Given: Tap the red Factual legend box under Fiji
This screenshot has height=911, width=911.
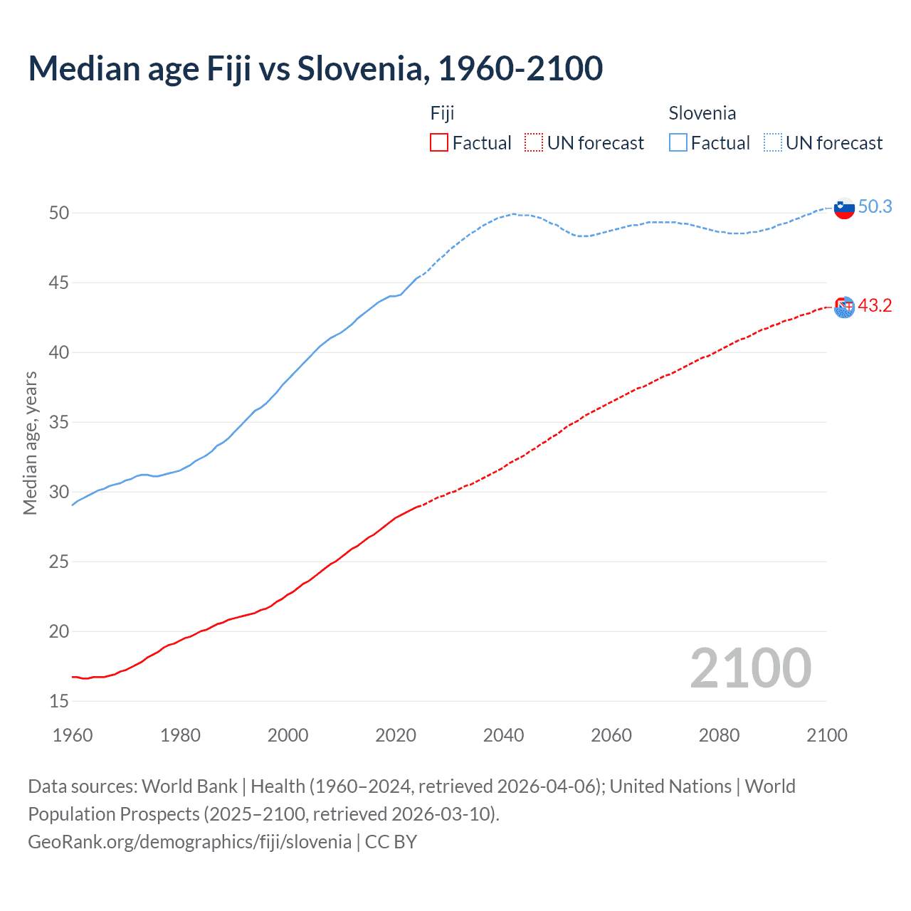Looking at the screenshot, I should pyautogui.click(x=439, y=143).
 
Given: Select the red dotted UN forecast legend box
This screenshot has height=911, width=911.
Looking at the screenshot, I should pyautogui.click(x=534, y=143).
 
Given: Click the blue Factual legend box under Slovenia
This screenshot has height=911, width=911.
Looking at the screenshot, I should pyautogui.click(x=678, y=143).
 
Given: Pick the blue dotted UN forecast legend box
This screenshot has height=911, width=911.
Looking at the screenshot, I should pyautogui.click(x=772, y=143).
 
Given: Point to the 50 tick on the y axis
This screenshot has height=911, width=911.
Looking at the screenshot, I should pyautogui.click(x=59, y=213).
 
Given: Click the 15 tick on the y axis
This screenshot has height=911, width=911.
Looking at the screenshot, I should pyautogui.click(x=59, y=701).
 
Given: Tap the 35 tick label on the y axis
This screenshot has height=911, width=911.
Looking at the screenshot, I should pyautogui.click(x=59, y=422).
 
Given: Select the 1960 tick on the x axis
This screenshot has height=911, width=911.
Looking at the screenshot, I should pyautogui.click(x=73, y=735).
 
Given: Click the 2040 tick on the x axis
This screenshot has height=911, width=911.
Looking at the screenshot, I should pyautogui.click(x=503, y=735).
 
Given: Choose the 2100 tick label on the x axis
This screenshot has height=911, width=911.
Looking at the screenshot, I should pyautogui.click(x=826, y=735).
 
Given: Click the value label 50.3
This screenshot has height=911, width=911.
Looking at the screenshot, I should pyautogui.click(x=875, y=207).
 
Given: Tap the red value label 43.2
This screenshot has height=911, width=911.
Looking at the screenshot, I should pyautogui.click(x=875, y=306).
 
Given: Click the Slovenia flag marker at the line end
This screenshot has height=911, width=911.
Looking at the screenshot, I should pyautogui.click(x=844, y=208).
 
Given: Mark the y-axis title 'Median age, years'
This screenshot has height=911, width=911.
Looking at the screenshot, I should pyautogui.click(x=30, y=443).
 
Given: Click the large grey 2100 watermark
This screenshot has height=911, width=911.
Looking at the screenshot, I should pyautogui.click(x=750, y=668).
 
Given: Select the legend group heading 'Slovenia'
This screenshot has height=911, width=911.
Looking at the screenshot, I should pyautogui.click(x=702, y=113).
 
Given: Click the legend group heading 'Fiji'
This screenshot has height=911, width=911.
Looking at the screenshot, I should pyautogui.click(x=442, y=113).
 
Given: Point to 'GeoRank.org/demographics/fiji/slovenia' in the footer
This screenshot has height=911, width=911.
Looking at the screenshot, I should pyautogui.click(x=189, y=841).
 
